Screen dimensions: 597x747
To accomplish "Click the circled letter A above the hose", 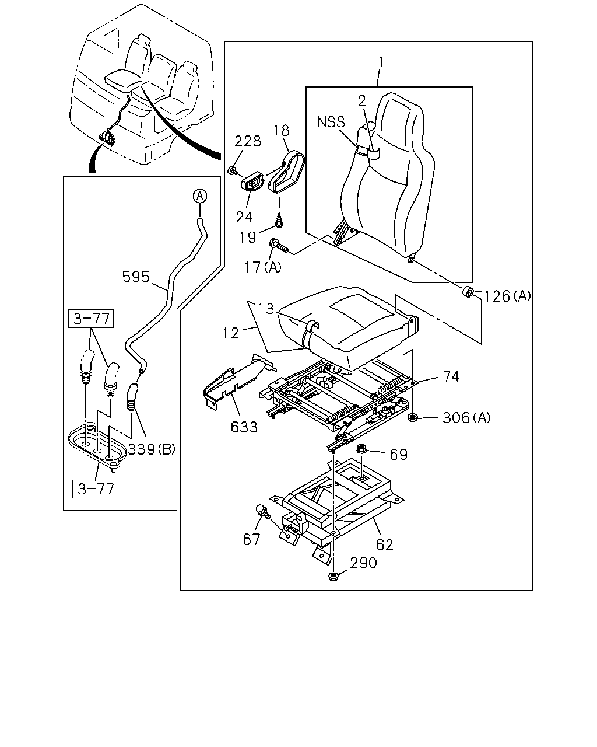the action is pos(200,197).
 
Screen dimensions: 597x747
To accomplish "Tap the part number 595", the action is pos(136,277).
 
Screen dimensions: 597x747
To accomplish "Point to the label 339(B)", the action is pos(152,449).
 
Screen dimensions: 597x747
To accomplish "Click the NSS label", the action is pos(331,122).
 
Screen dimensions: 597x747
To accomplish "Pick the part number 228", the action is pos(247,141).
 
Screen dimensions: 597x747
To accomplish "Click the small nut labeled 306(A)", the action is pos(412,417).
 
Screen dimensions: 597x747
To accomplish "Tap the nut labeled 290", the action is pos(333,577).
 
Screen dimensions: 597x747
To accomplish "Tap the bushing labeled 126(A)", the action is pos(468,292).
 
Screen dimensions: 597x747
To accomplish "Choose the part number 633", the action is pos(244,427).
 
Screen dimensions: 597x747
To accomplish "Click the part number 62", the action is pos(384,545).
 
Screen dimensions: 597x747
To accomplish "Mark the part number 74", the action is pos(451,376).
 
